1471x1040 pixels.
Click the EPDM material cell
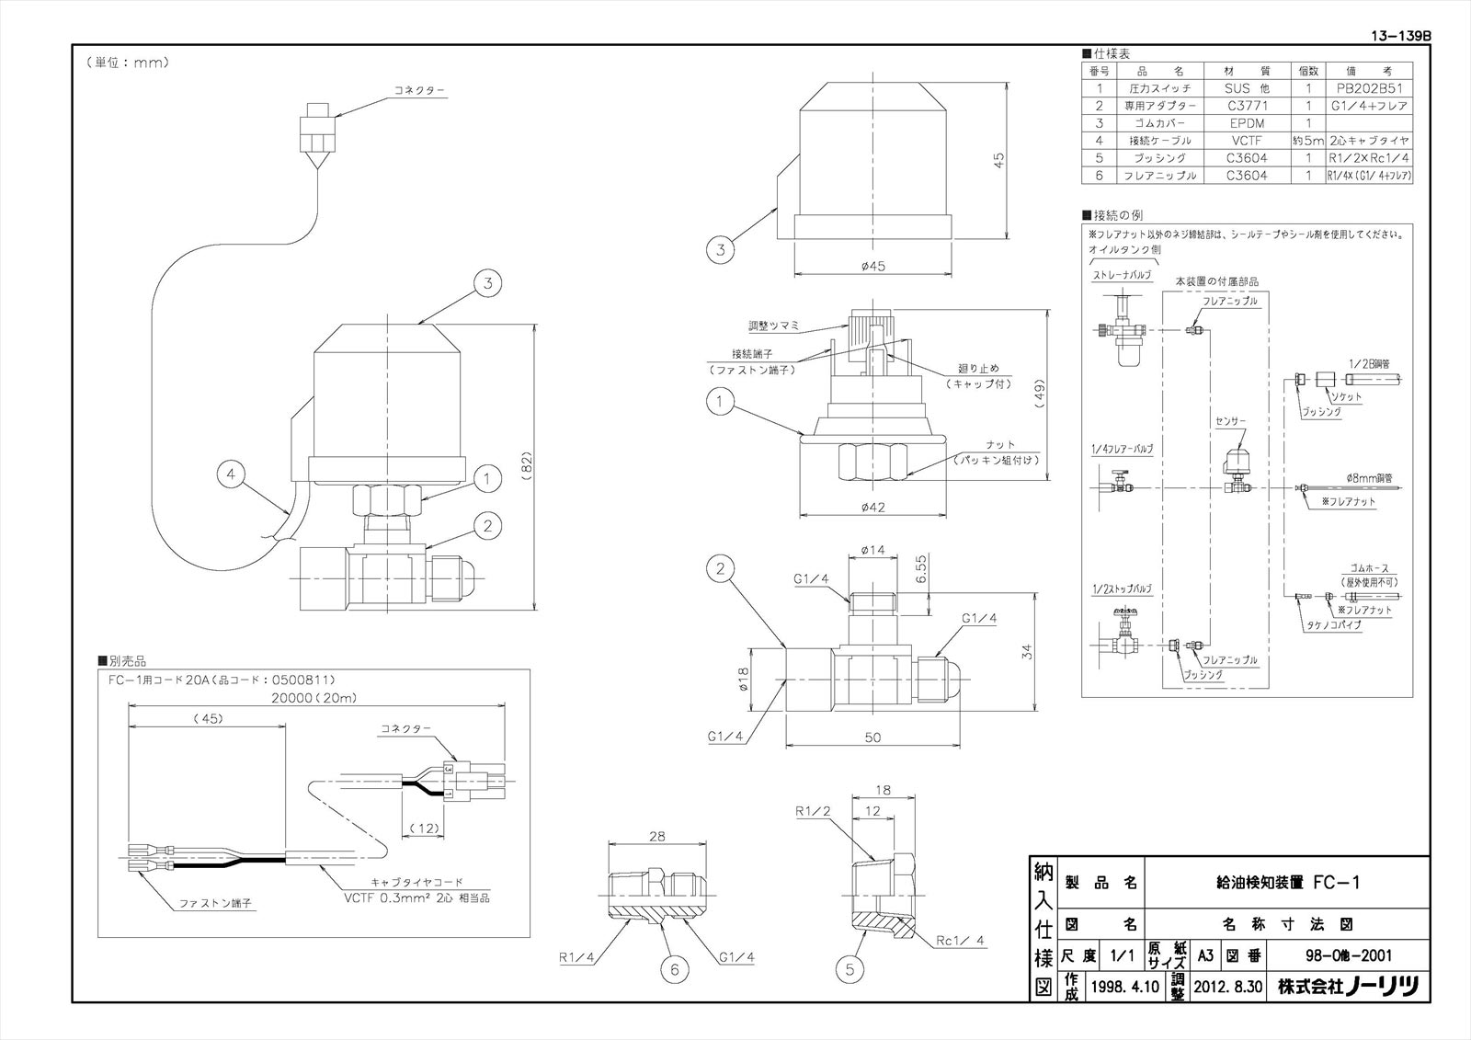tap(1246, 123)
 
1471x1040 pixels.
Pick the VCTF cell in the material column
tap(1246, 141)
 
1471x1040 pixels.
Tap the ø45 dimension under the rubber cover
tap(872, 266)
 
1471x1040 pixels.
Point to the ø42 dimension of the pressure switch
tap(872, 507)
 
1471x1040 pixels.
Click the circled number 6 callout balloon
tap(673, 967)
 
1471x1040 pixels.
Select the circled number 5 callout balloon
tap(850, 967)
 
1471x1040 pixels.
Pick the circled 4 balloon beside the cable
tap(232, 475)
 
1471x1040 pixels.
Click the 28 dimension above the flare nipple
tap(656, 836)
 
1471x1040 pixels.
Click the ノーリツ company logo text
tap(1383, 987)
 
